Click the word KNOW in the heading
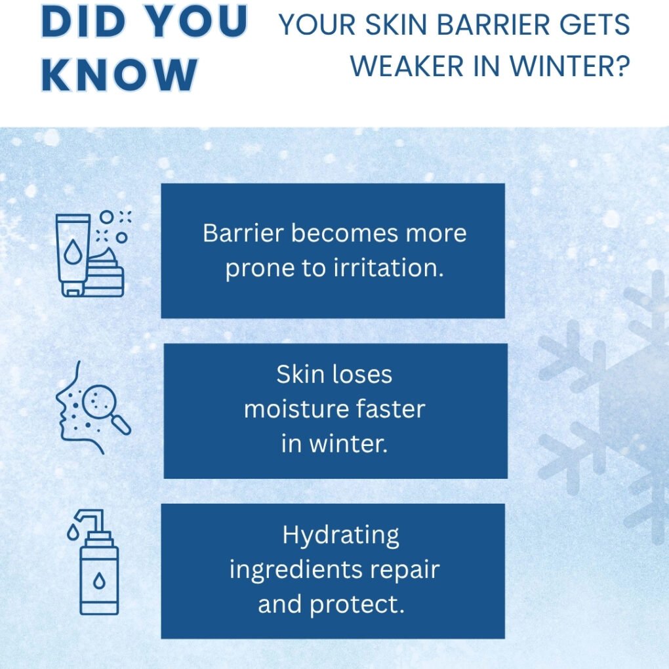pyautogui.click(x=120, y=75)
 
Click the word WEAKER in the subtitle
pyautogui.click(x=407, y=66)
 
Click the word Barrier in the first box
pyautogui.click(x=243, y=233)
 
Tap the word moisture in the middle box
pyautogui.click(x=296, y=409)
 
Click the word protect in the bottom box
pyautogui.click(x=356, y=605)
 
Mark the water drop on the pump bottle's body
pyautogui.click(x=99, y=580)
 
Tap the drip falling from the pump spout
pyautogui.click(x=73, y=532)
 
